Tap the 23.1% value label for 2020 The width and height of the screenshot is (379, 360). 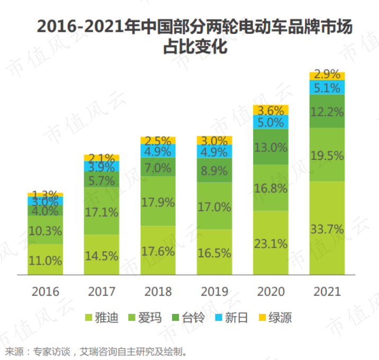click(270, 244)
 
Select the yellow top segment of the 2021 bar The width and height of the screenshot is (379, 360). click(327, 75)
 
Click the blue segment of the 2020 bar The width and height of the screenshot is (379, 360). click(270, 122)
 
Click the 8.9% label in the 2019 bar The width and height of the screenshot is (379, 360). click(214, 170)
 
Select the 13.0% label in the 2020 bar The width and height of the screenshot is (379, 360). click(270, 148)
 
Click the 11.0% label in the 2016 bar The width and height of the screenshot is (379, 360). click(45, 260)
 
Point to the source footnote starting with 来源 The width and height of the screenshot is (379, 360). click(95, 351)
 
